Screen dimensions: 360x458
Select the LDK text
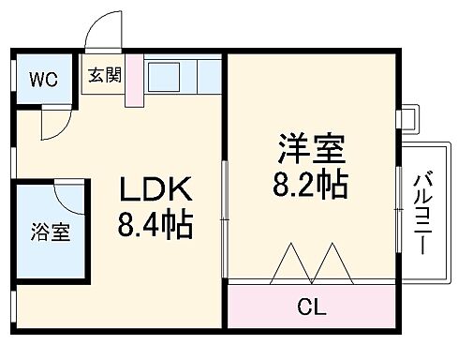point(155,192)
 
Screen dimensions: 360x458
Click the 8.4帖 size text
point(155,225)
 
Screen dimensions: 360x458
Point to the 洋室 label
point(311,149)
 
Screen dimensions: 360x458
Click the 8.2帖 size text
point(311,182)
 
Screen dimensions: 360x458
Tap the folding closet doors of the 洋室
point(309,264)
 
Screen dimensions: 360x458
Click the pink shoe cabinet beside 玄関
point(133,82)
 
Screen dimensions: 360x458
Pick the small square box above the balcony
point(406,119)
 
